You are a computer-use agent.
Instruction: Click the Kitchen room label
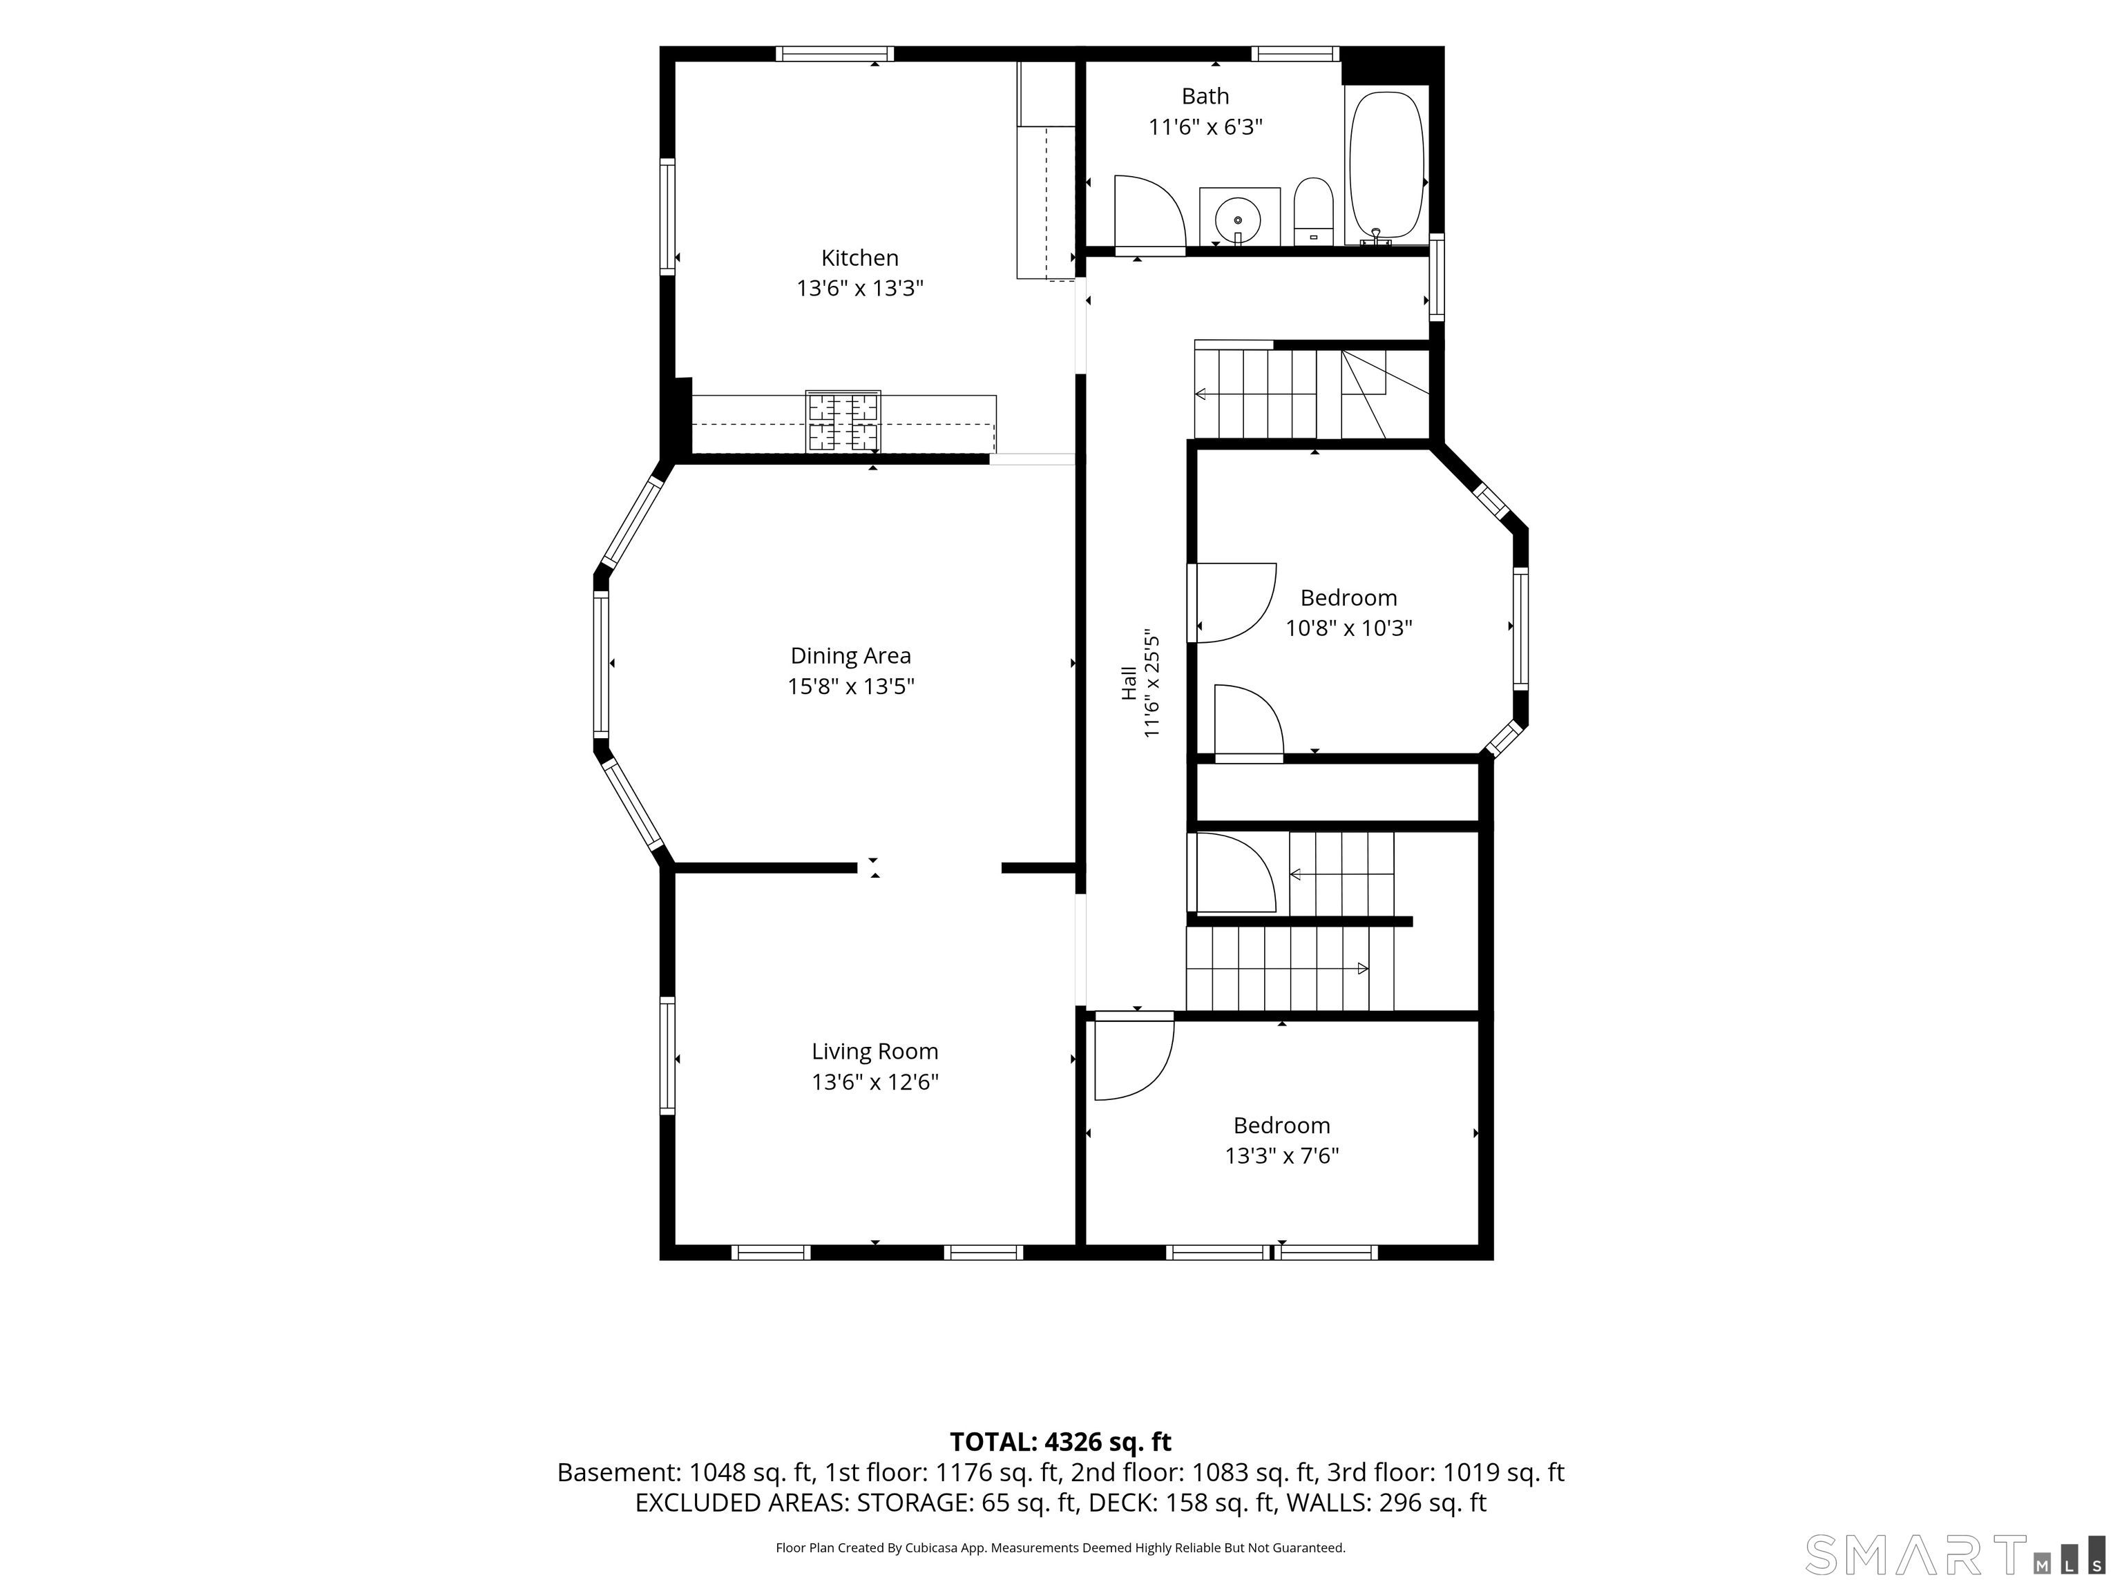(x=859, y=258)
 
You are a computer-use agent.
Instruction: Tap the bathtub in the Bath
(x=1386, y=165)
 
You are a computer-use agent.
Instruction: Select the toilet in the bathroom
(x=1313, y=211)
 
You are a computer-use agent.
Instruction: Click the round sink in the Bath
(x=1239, y=220)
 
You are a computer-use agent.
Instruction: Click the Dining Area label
(x=850, y=656)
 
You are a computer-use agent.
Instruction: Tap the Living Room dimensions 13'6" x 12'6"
(x=875, y=1082)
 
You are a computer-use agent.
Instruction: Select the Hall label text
(x=1129, y=683)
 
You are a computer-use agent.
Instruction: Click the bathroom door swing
(x=1150, y=215)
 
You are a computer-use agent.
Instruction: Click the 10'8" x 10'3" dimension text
(x=1349, y=628)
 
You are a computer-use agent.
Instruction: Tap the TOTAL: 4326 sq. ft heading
(x=1060, y=1441)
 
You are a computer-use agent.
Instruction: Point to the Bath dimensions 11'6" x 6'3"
(x=1206, y=126)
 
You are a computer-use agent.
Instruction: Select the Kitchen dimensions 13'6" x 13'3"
(x=859, y=288)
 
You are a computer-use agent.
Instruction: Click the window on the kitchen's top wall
(x=834, y=54)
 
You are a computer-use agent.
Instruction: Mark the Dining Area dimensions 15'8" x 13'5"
(x=851, y=686)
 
